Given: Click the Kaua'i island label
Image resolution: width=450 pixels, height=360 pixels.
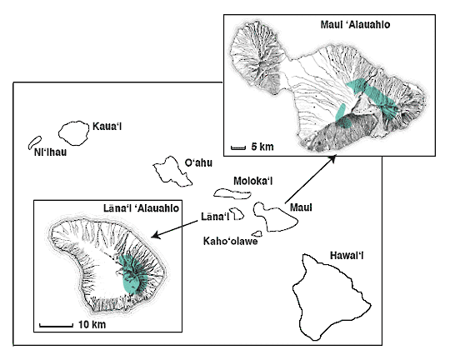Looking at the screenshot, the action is point(107,127).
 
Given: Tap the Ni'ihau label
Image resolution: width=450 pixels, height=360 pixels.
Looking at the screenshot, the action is point(50,152).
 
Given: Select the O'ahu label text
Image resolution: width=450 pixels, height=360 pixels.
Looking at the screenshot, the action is point(198,162).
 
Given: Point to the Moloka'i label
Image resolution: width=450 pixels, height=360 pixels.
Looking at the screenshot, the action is point(253,181).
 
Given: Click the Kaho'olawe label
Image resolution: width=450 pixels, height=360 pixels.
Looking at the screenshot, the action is point(231,241).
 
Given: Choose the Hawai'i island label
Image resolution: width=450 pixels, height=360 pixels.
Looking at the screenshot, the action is point(347,255).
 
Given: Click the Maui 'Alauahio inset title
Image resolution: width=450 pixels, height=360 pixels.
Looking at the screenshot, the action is point(355,24).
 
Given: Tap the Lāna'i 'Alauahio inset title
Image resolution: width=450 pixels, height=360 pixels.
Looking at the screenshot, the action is point(141,208).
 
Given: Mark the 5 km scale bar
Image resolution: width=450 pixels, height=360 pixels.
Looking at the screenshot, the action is point(238,147).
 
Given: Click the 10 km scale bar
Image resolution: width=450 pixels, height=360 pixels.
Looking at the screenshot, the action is point(57,325).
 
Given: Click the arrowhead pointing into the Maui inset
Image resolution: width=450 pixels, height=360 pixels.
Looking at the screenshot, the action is point(332,158).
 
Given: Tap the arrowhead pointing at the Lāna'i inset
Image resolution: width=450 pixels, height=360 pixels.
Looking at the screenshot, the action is point(155,235).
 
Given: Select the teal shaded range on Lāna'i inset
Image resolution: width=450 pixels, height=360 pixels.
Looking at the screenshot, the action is point(133,274).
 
